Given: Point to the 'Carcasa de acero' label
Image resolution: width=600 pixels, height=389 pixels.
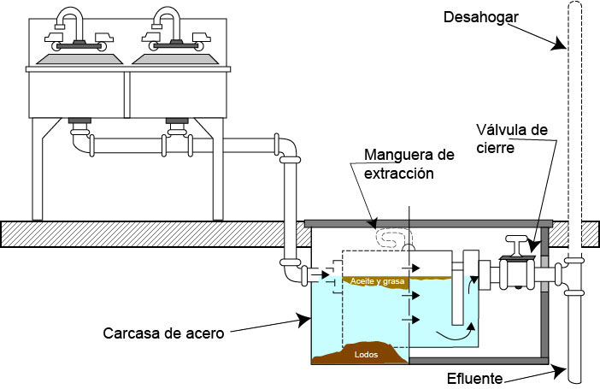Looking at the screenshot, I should point(162,333).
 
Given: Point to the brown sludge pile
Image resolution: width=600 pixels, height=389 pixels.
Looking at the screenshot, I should point(358,354).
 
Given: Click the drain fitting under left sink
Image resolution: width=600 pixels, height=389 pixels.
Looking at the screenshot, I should point(79,129).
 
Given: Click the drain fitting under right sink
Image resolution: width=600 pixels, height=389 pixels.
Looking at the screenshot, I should point(177,129).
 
